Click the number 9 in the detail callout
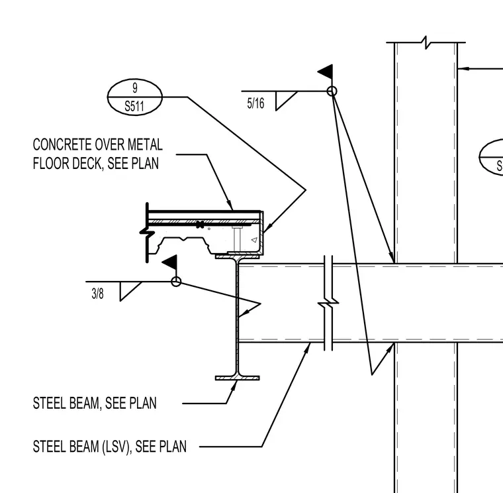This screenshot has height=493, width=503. [x=135, y=87]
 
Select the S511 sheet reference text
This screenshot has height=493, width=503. [x=134, y=106]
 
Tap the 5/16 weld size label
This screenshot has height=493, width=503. [x=255, y=103]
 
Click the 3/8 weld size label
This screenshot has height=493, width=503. [x=97, y=294]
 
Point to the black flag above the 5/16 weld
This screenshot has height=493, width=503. [x=327, y=72]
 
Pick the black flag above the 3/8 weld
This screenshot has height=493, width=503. [x=171, y=262]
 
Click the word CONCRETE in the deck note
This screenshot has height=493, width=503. [x=59, y=144]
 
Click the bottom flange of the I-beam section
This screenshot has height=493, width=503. [x=238, y=378]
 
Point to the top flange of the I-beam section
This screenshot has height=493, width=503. [x=238, y=256]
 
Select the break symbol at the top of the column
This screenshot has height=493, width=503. [x=426, y=42]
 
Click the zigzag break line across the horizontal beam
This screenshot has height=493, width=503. [x=328, y=303]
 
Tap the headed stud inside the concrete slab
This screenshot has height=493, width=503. [x=237, y=239]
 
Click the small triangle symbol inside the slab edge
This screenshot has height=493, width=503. [x=254, y=240]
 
